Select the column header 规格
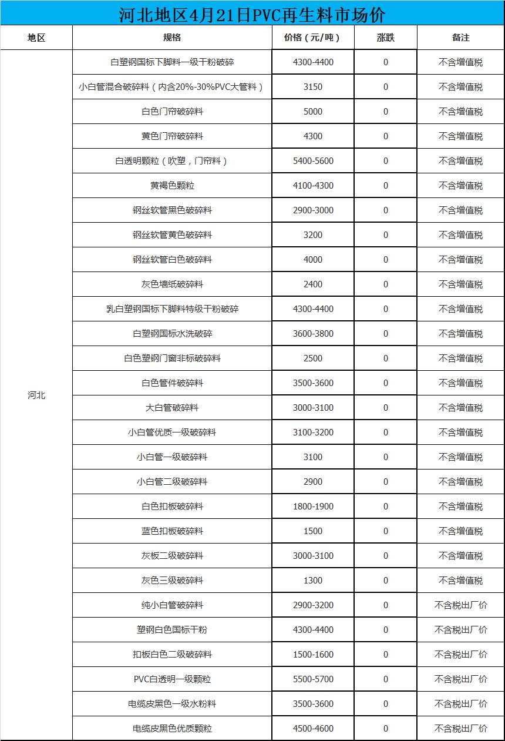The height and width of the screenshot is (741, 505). click(172, 38)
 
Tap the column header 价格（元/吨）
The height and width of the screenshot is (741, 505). click(312, 38)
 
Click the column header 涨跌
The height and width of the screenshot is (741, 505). click(385, 38)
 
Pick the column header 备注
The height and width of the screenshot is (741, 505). click(460, 38)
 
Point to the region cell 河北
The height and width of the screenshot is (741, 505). click(36, 395)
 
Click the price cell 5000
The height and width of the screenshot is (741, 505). click(312, 112)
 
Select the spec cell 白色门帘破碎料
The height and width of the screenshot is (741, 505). click(172, 112)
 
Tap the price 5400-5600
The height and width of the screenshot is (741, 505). click(312, 161)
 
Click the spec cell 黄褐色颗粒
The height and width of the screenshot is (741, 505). click(172, 186)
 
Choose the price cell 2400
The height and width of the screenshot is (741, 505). click(312, 284)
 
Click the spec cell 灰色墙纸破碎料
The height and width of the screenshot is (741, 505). click(172, 284)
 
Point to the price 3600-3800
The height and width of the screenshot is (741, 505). click(312, 334)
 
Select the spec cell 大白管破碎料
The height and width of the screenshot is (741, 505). click(172, 408)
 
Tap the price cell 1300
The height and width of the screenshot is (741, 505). click(312, 581)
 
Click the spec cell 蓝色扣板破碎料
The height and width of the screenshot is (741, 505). click(172, 531)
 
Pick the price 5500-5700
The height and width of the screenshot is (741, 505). click(312, 679)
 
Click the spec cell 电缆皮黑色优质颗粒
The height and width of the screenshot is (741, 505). click(172, 729)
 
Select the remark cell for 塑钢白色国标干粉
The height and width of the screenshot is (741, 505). click(460, 630)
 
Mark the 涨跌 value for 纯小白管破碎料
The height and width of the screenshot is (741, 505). click(385, 605)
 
